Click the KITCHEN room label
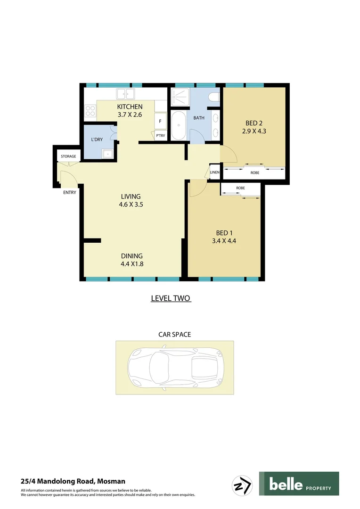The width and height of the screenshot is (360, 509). [130, 107]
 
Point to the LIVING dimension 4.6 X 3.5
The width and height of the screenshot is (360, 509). [131, 205]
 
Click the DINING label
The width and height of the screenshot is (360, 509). [131, 256]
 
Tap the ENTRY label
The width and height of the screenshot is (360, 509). [70, 192]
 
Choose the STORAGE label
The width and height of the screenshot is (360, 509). [68, 156]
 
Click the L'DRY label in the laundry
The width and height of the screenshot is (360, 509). [97, 140]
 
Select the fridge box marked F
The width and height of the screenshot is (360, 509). [160, 121]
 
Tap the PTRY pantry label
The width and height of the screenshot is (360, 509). [160, 136]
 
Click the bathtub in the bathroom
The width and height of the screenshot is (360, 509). [179, 126]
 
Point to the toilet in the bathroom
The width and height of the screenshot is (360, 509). [214, 98]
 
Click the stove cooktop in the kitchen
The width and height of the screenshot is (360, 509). [90, 111]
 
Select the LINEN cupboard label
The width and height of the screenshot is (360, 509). [215, 173]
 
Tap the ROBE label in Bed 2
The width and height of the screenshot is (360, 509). [254, 173]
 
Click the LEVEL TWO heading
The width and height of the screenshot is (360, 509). [171, 298]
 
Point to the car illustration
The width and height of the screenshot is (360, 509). [175, 367]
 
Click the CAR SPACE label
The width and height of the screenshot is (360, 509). [174, 335]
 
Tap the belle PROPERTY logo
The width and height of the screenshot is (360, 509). [299, 484]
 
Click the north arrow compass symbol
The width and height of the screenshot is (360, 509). [243, 484]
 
